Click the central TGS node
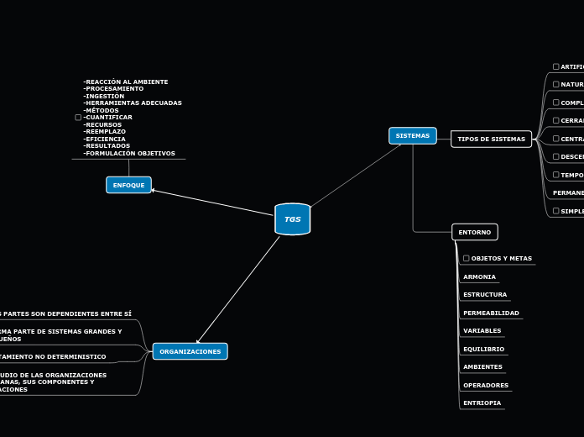pyautogui.click(x=292, y=219)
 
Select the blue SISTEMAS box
pyautogui.click(x=412, y=135)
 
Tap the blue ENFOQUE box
pyautogui.click(x=128, y=185)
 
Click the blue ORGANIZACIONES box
pyautogui.click(x=190, y=351)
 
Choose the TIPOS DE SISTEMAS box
pyautogui.click(x=491, y=139)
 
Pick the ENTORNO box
pyautogui.click(x=475, y=232)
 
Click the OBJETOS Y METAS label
pyautogui.click(x=501, y=259)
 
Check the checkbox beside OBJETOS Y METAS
pyautogui.click(x=467, y=259)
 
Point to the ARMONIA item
pyautogui.click(x=479, y=277)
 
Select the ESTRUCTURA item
pyautogui.click(x=485, y=295)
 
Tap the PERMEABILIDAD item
pyautogui.click(x=491, y=313)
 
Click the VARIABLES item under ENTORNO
pyautogui.click(x=482, y=331)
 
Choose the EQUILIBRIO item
pyautogui.click(x=483, y=349)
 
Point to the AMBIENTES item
pyautogui.click(x=482, y=367)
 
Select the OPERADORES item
pyautogui.click(x=486, y=386)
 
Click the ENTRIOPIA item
pyautogui.click(x=482, y=403)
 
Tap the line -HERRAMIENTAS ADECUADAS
pyautogui.click(x=133, y=103)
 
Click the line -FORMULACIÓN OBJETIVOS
pyautogui.click(x=129, y=154)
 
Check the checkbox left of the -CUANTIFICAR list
pyautogui.click(x=78, y=118)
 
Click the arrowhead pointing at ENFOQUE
pyautogui.click(x=154, y=190)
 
